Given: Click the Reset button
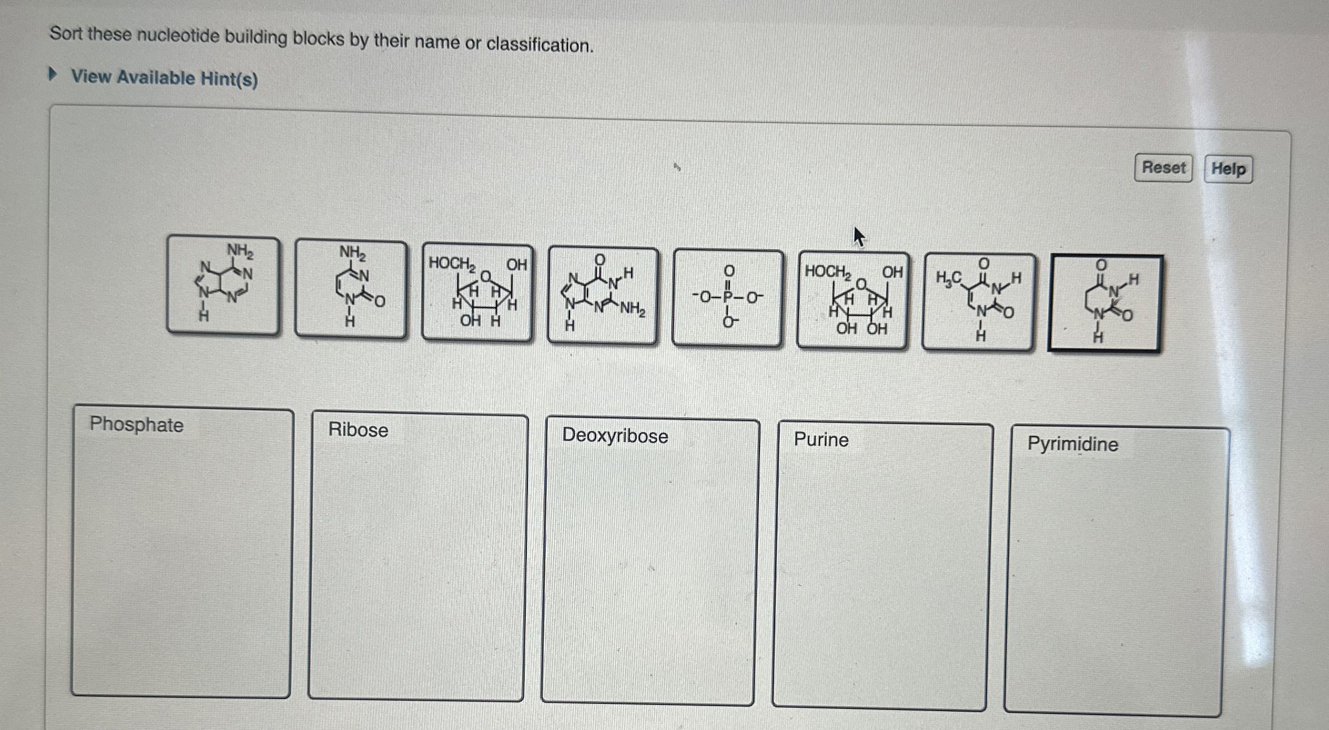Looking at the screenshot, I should pos(1163,168).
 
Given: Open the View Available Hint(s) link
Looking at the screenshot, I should pos(164,78).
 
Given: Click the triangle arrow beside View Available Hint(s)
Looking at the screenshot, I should pos(53,74).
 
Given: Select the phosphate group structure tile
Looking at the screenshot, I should pos(728,298).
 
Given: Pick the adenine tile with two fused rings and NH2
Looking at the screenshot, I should pos(223,285).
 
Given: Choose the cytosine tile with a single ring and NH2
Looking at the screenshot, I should pos(351,288).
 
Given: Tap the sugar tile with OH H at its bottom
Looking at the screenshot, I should pos(477,292).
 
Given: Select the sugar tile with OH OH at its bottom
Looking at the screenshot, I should pos(853,300).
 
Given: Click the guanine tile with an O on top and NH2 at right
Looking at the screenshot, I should pos(603,295).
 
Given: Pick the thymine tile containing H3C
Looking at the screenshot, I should pos(978,302).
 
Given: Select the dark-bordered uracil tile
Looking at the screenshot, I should pos(1105,303).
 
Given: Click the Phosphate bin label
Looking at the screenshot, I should pos(136,424).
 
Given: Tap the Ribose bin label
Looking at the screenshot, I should pos(358,430).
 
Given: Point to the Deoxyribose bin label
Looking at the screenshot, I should pos(615,435).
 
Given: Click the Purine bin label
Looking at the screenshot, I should pos(821,439).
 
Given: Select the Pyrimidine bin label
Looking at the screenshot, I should pos(1072,444).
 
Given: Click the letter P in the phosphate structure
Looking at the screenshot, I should pos(728,297).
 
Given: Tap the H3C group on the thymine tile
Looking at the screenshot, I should pos(948,278).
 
